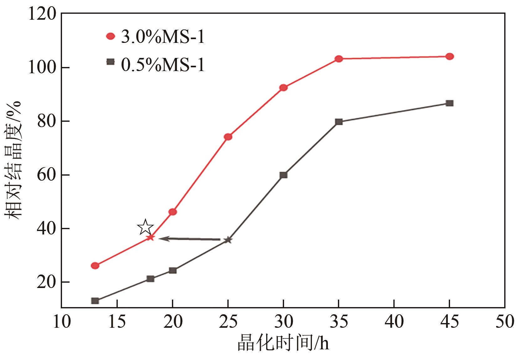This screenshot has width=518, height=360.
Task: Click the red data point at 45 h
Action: (x=449, y=57)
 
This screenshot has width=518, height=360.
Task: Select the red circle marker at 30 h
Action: (x=283, y=88)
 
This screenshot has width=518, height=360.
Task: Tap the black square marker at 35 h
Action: (x=339, y=122)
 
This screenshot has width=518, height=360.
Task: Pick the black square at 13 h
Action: (x=95, y=301)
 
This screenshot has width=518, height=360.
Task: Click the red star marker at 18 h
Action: (x=151, y=237)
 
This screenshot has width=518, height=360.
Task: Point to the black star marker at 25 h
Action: (x=228, y=240)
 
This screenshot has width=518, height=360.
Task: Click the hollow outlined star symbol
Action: (x=145, y=227)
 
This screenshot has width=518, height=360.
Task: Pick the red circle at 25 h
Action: (x=228, y=137)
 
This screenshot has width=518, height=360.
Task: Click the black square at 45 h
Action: (x=449, y=103)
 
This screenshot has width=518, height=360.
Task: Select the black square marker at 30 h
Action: (x=283, y=175)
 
